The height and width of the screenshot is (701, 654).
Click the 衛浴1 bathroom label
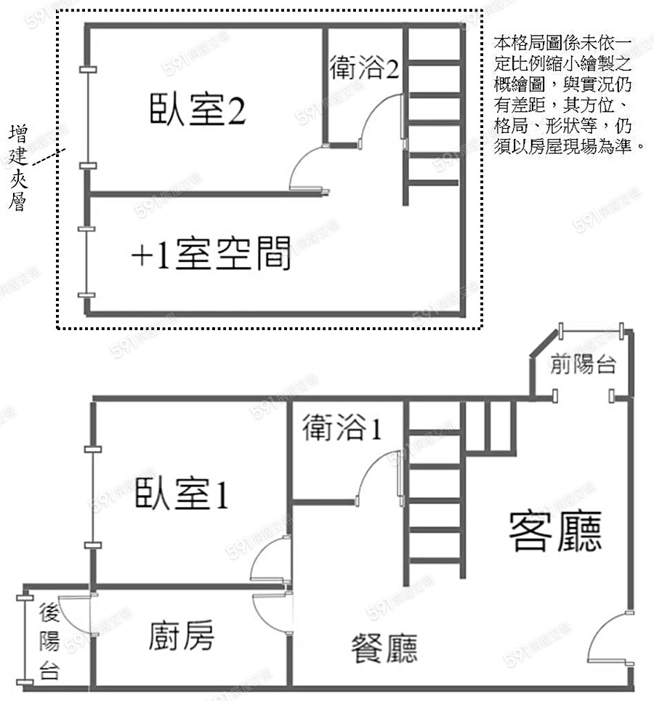coord(342,428)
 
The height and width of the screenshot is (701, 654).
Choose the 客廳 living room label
coord(555,532)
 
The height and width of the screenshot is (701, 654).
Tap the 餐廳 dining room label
coord(384,646)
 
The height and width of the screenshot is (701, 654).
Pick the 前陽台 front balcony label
coord(584,364)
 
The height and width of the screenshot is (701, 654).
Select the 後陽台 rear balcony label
coord(49,640)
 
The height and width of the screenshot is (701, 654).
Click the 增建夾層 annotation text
coord(19,168)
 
